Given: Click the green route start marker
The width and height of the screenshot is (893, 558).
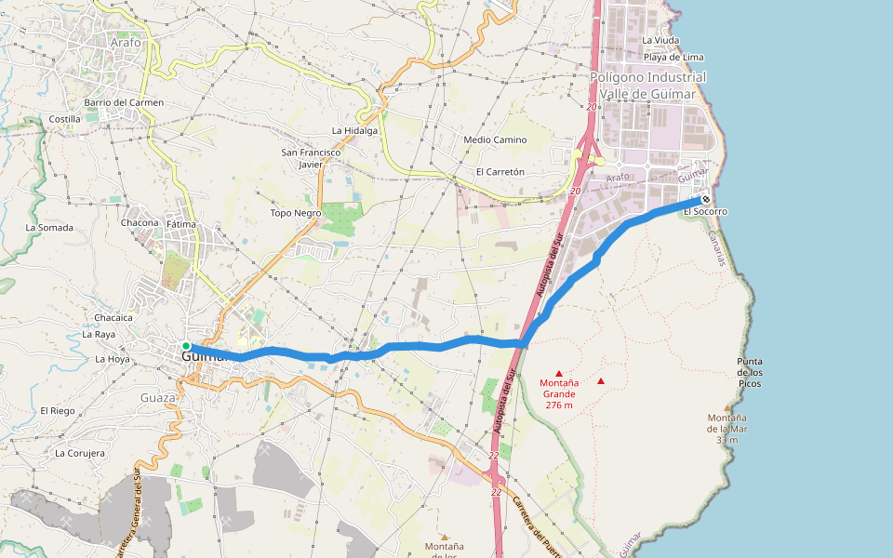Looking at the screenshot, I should (186, 346).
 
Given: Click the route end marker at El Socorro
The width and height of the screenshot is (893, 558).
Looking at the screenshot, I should (706, 199).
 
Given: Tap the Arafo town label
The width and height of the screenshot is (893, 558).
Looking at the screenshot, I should (125, 43).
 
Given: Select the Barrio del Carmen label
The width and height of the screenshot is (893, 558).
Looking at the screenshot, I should (124, 102).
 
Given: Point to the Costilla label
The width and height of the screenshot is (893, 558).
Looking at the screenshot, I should (65, 119).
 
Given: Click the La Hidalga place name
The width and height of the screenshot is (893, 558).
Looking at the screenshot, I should (354, 130).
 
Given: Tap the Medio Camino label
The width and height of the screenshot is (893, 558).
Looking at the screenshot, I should (495, 140).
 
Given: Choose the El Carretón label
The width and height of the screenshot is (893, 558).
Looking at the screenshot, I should (500, 172).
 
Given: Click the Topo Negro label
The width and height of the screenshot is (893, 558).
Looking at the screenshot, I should (295, 213).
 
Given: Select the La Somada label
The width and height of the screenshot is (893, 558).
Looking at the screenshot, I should (48, 227).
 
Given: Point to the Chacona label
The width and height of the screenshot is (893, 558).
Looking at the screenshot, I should (140, 223).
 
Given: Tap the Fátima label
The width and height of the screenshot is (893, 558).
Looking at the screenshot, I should (181, 224).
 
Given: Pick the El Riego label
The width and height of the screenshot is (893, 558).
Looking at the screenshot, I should (57, 410).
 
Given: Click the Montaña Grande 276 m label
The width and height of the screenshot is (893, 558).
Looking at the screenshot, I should (558, 393).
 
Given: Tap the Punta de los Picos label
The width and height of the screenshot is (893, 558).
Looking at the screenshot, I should (750, 372).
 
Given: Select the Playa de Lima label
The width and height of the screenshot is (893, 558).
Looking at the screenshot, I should (673, 58).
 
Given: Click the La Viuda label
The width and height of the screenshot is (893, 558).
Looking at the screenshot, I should (660, 41).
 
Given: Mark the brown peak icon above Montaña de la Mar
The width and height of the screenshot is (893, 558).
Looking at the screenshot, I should (727, 406).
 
